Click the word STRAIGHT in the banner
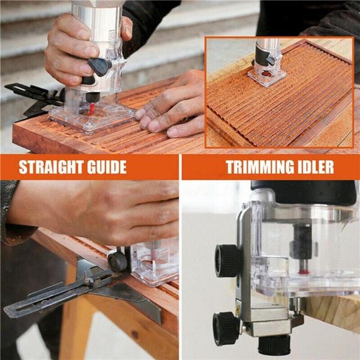click(53, 167)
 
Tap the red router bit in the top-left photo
click(92, 109)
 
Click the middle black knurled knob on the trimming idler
click(226, 328)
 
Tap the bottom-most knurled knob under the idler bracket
click(274, 345)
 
